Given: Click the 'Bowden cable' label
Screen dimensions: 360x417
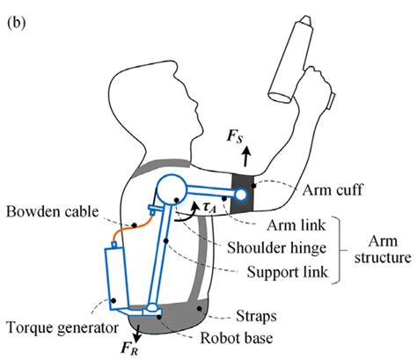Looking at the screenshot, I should pyautogui.click(x=51, y=214).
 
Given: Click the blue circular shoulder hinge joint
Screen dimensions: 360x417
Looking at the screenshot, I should pyautogui.click(x=171, y=188).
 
